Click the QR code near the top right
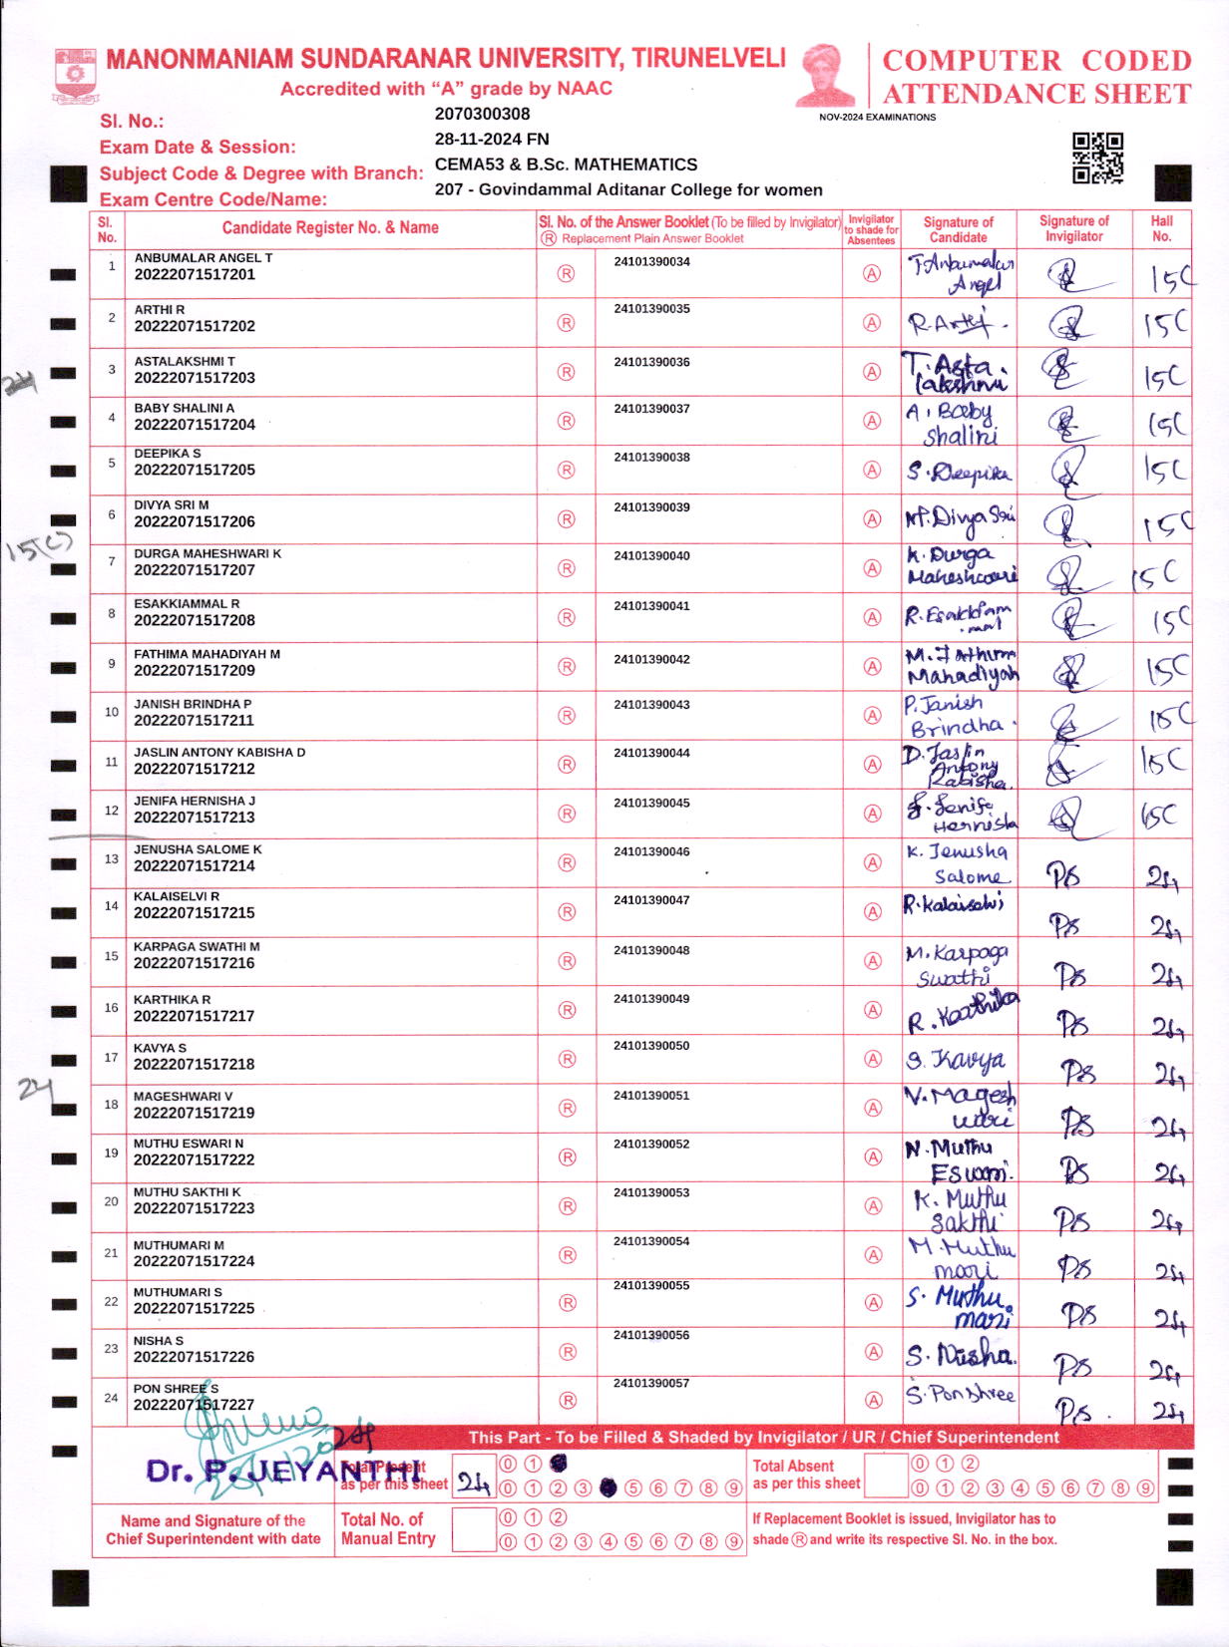coord(1097,158)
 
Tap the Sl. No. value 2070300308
coord(482,114)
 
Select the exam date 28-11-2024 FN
coord(491,139)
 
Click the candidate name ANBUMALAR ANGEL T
coord(204,257)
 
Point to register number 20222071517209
coord(195,670)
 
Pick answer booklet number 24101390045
coord(651,803)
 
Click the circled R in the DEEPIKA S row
coord(566,470)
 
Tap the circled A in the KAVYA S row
coord(872,1059)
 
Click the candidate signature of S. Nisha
coord(959,1354)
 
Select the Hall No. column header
coord(1161,228)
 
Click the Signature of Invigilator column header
coord(1073,228)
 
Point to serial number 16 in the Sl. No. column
coord(111,1008)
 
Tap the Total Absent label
coord(793,1466)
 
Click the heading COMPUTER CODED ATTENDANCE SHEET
coord(1036,77)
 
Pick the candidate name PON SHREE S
coord(176,1388)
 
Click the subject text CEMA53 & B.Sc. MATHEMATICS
coord(566,165)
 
